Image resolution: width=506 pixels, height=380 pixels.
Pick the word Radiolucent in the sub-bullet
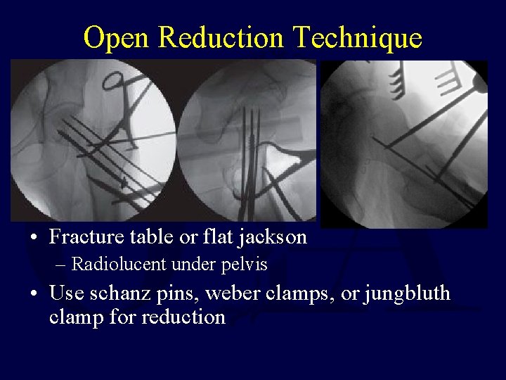coord(117,265)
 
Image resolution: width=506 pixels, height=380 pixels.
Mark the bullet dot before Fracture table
coord(34,238)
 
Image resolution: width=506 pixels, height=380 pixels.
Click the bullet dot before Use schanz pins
coord(34,292)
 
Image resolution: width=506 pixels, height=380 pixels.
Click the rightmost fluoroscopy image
coord(404,144)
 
